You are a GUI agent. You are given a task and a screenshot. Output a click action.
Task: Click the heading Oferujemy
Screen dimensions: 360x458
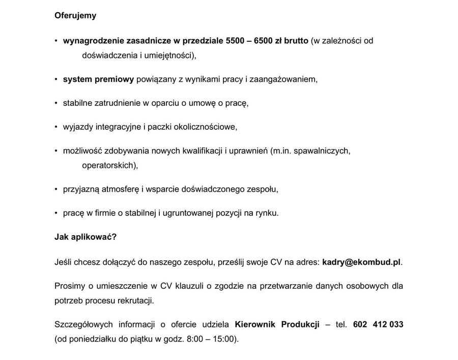[75, 15]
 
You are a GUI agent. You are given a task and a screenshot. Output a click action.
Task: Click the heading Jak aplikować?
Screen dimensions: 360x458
[85, 237]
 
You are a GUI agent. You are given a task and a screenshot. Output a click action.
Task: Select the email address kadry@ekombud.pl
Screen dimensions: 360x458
[361, 262]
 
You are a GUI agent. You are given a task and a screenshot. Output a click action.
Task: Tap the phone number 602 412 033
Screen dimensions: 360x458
[378, 325]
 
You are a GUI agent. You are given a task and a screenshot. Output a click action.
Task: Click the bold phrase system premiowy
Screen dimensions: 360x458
[98, 79]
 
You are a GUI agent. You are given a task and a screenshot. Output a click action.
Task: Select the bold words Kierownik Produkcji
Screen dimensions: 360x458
[277, 325]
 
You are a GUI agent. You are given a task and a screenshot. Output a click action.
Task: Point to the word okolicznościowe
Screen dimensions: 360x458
[206, 127]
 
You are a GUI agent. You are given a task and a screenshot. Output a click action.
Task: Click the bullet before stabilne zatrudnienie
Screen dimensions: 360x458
[56, 103]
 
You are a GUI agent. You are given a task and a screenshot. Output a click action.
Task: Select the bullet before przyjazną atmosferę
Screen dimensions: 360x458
[56, 189]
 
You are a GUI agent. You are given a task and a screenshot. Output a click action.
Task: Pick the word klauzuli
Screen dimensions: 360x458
[186, 286]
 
